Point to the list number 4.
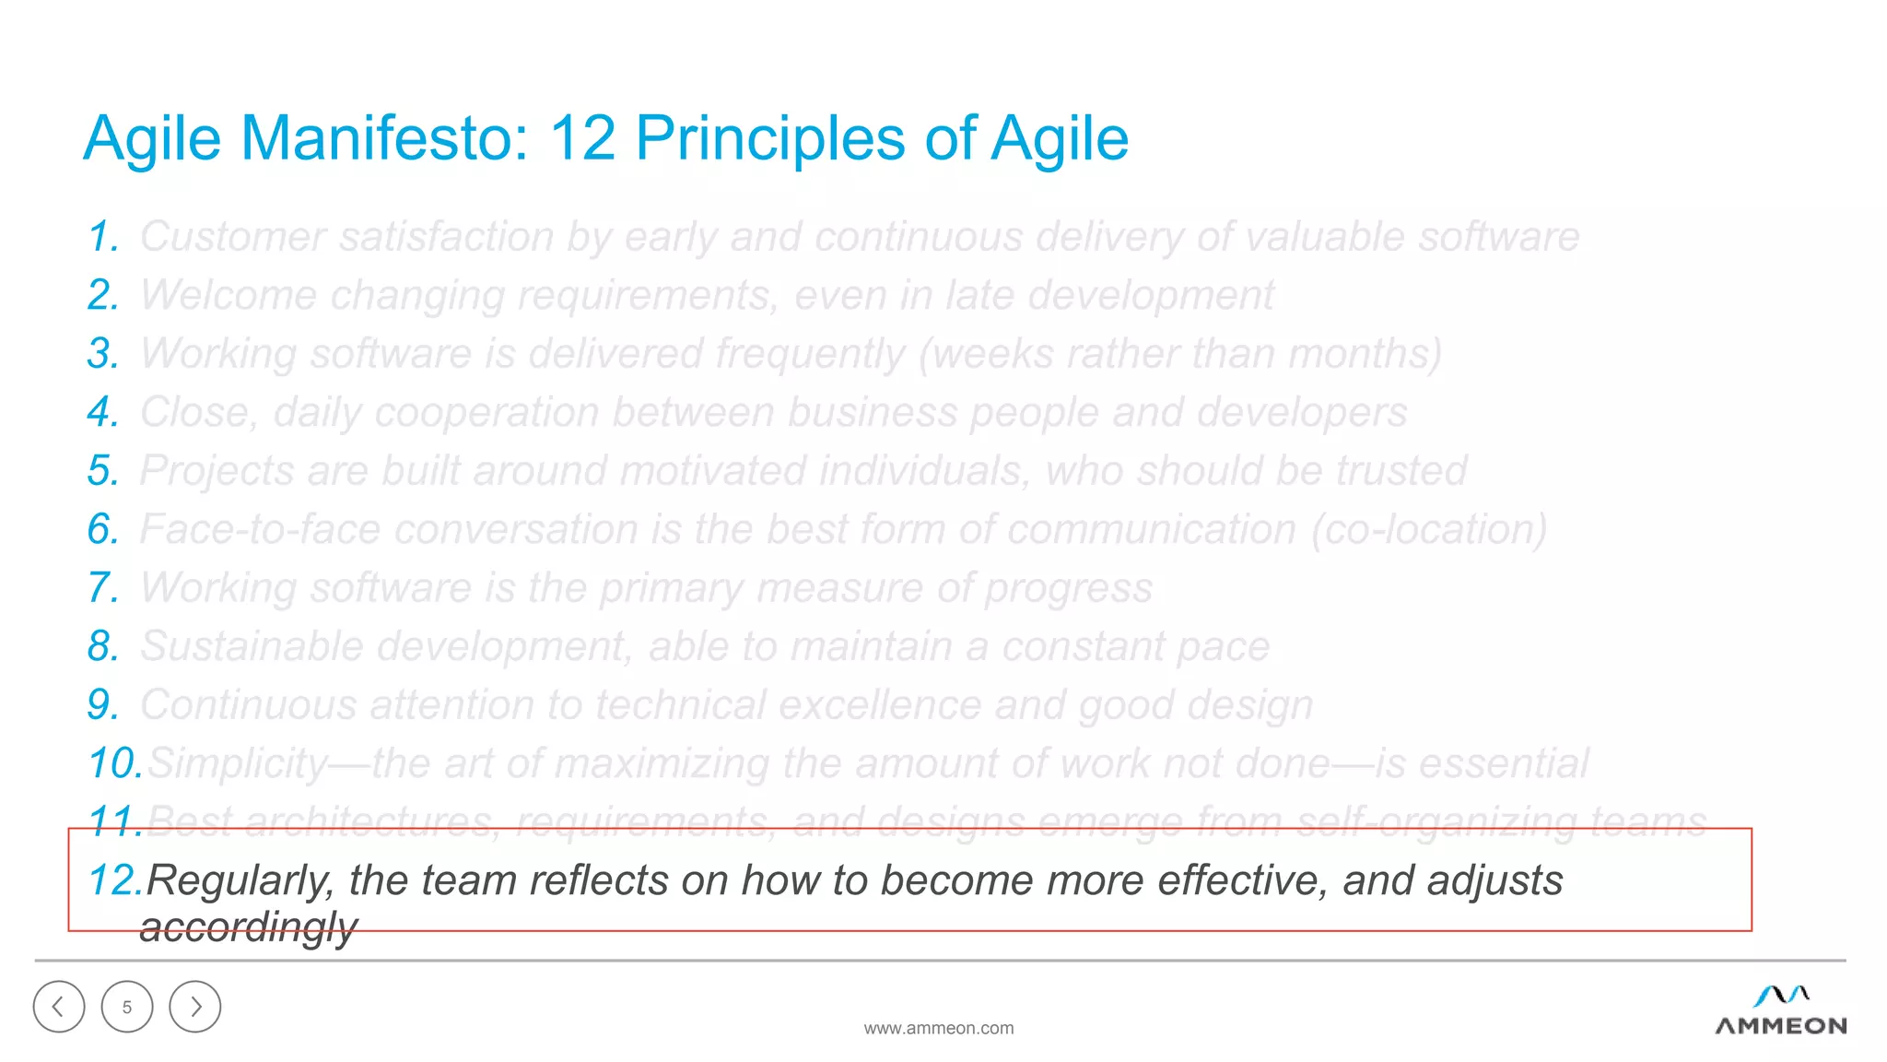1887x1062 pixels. [103, 413]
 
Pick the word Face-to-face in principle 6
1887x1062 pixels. [260, 530]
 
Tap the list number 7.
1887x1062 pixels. [103, 588]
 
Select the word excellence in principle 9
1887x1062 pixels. [880, 705]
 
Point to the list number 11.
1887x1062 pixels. [114, 821]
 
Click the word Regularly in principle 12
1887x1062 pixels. [240, 881]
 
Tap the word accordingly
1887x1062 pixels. [248, 927]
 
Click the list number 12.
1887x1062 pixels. [114, 880]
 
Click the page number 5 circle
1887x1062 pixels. [127, 1007]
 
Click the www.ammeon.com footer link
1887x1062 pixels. [938, 1028]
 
